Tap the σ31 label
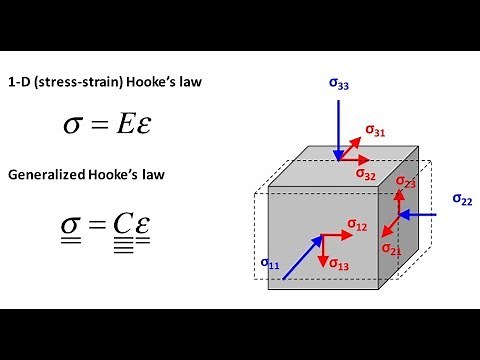click(375, 129)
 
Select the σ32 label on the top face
click(366, 173)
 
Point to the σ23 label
click(405, 183)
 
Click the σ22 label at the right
click(461, 200)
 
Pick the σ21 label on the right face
click(391, 248)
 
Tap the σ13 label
click(339, 266)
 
